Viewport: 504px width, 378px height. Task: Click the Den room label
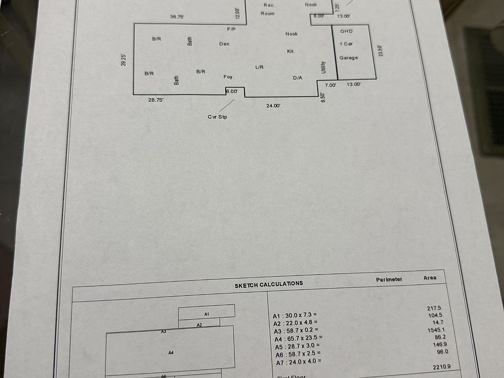(x=224, y=44)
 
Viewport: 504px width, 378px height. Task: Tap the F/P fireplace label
(x=232, y=28)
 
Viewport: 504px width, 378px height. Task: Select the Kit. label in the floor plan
(x=291, y=51)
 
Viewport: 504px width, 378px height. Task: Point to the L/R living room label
(x=259, y=67)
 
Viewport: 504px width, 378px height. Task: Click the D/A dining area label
(x=298, y=78)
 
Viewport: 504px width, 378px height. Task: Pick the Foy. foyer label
(x=228, y=77)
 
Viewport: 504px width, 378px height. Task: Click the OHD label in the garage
(x=346, y=31)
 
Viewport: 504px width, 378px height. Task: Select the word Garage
(x=349, y=58)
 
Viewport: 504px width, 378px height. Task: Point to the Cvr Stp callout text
(x=217, y=117)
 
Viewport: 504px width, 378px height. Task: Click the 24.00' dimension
(x=273, y=106)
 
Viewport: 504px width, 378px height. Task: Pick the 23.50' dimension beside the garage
(x=381, y=51)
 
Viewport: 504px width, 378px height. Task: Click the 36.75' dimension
(x=177, y=17)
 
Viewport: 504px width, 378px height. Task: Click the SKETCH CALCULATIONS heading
(x=269, y=283)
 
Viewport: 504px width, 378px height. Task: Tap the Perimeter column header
(x=389, y=279)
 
